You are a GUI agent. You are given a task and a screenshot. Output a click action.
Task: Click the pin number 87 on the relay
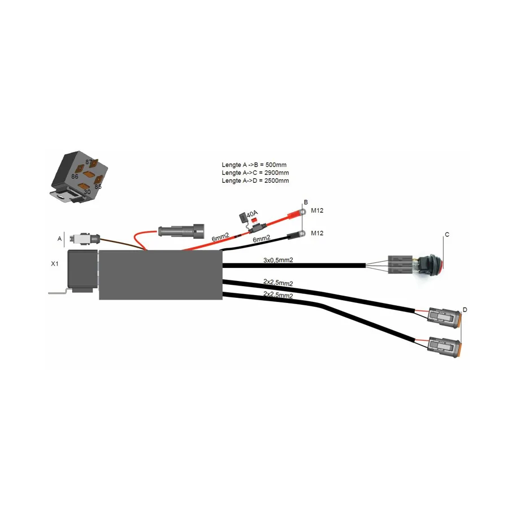click(x=88, y=162)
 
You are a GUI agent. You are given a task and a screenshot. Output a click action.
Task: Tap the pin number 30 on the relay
click(x=86, y=191)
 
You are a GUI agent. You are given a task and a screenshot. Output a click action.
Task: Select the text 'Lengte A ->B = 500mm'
click(x=254, y=165)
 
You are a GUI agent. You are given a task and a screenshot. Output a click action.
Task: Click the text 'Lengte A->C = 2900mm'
click(x=255, y=173)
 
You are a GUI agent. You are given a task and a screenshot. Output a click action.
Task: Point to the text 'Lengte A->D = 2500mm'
click(x=255, y=181)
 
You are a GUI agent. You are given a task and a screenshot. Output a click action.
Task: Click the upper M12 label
click(x=317, y=210)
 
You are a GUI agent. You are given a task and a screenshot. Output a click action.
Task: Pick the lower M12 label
click(x=317, y=233)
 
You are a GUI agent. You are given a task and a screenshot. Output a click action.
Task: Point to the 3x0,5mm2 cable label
click(x=278, y=260)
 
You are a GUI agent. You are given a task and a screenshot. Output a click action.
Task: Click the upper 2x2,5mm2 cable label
click(x=278, y=283)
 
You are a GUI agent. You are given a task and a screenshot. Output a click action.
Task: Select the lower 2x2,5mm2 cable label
click(x=278, y=295)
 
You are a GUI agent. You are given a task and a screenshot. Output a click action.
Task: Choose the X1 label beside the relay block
click(x=55, y=263)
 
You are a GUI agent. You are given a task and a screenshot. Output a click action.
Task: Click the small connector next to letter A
click(x=84, y=239)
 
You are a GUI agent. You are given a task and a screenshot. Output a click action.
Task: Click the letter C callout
click(x=446, y=234)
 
